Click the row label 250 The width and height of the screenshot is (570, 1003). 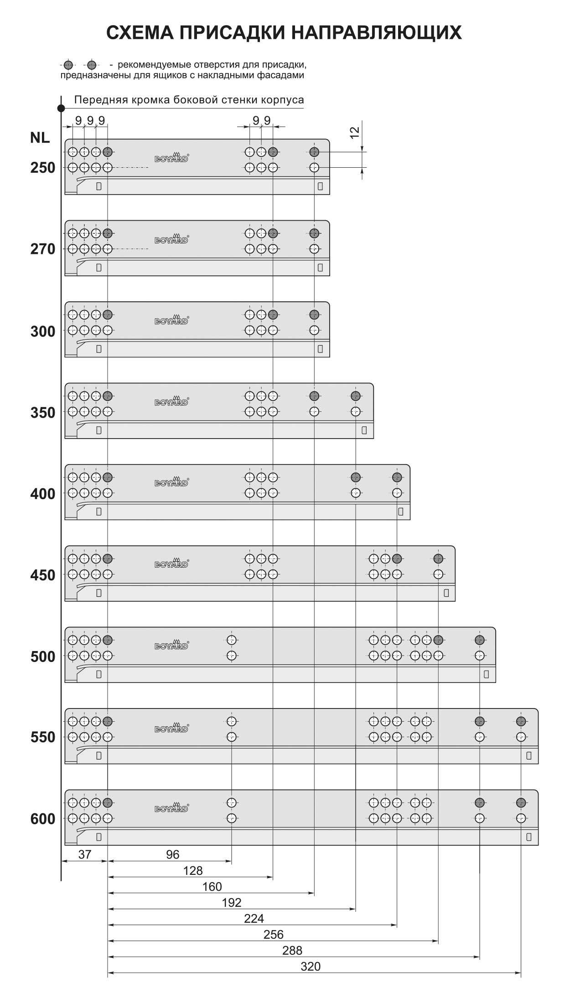(x=42, y=168)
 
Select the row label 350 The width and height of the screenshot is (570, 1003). (x=42, y=413)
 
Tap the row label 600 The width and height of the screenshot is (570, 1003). (x=42, y=819)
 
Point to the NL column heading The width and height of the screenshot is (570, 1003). (x=40, y=138)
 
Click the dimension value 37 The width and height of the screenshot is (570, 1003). (x=85, y=854)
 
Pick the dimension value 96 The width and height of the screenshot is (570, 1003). (x=172, y=854)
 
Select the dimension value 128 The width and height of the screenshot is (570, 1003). (x=192, y=871)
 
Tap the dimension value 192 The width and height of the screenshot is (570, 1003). (x=231, y=903)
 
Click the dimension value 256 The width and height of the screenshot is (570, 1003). (x=274, y=935)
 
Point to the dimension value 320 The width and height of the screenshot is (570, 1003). (x=311, y=967)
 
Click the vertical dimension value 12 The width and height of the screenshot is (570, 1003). (x=355, y=132)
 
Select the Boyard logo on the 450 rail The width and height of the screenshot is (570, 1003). (x=171, y=564)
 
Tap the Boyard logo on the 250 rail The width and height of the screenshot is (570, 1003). (x=171, y=157)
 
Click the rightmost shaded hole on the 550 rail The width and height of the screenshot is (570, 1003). (x=521, y=721)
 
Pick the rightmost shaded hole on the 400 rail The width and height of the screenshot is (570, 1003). (x=397, y=477)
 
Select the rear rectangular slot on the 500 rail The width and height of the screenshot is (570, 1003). (x=486, y=674)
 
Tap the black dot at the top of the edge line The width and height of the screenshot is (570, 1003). (x=61, y=108)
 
